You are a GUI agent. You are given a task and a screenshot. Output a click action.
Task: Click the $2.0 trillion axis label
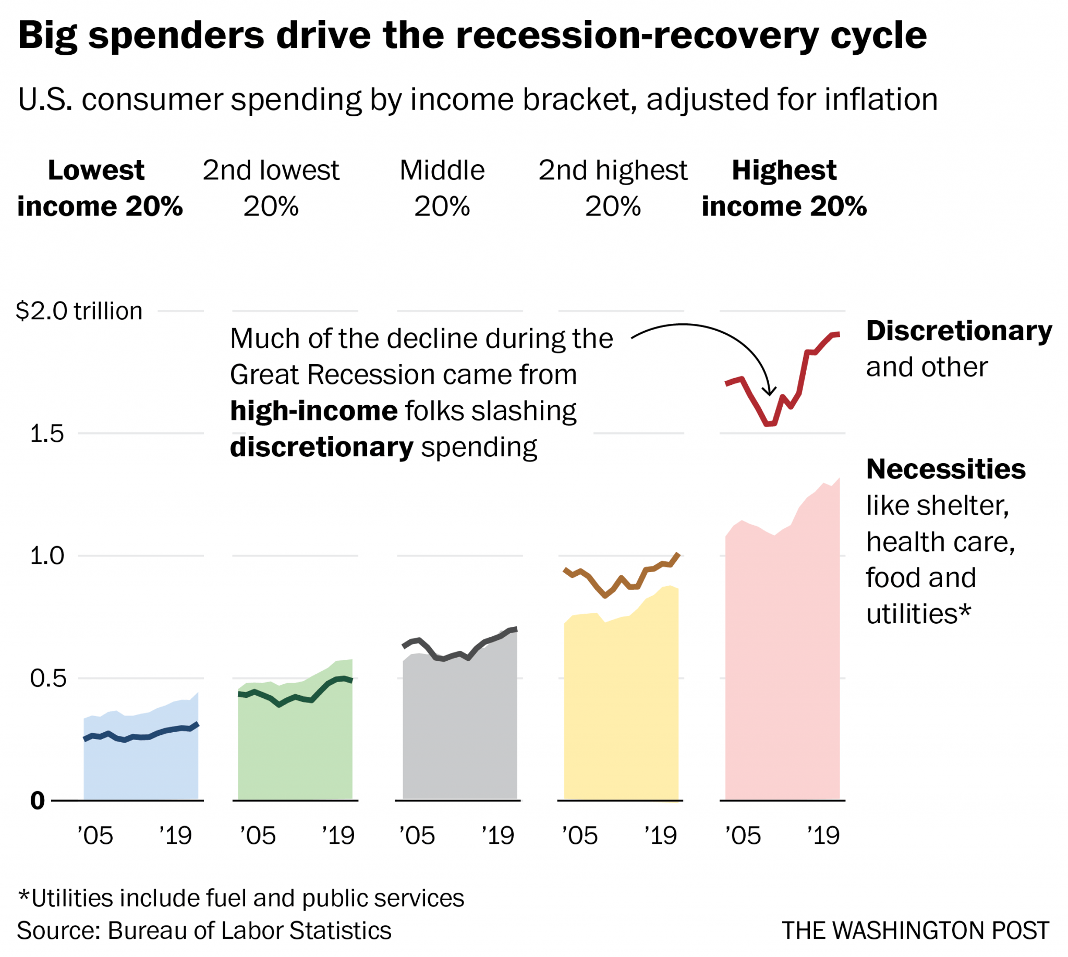tap(79, 311)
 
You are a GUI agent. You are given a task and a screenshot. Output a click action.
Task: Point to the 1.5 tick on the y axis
tap(46, 434)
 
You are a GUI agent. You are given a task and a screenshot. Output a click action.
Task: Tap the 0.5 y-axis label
tap(48, 679)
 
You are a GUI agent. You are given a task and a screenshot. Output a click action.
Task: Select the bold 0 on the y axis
tap(38, 802)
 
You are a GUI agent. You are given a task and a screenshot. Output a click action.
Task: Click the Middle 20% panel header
tap(442, 188)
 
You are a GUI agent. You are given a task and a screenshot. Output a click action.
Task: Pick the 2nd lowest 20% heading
tap(271, 188)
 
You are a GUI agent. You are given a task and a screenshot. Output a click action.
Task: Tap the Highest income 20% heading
tap(783, 188)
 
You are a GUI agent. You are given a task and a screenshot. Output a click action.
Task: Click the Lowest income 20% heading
tap(100, 188)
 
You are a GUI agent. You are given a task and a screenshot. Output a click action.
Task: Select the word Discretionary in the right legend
tap(958, 331)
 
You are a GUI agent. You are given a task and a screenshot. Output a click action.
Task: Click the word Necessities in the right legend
tap(945, 469)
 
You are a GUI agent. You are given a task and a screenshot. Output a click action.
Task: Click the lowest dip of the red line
tap(769, 424)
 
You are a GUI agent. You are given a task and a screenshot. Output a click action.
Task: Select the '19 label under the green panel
tap(338, 836)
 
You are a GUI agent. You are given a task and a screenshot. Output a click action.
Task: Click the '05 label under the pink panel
tap(743, 836)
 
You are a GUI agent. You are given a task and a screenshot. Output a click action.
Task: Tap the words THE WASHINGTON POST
tap(915, 931)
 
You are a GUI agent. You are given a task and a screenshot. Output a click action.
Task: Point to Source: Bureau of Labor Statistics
tap(204, 931)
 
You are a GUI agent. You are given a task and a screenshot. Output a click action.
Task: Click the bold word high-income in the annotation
tap(314, 411)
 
